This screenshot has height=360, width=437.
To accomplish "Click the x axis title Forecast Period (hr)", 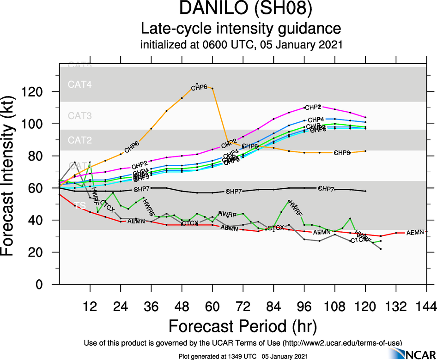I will pyautogui.click(x=243, y=326).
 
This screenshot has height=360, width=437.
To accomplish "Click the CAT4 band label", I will pyautogui.click(x=80, y=84).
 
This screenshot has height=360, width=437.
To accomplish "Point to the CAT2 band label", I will pyautogui.click(x=80, y=140).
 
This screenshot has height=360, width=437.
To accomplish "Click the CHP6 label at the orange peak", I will pyautogui.click(x=200, y=87).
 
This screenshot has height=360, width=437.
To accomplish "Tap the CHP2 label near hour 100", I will pyautogui.click(x=313, y=107).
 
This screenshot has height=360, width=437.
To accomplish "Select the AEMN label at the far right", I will pyautogui.click(x=415, y=232).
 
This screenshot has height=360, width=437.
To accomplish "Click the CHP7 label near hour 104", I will pyautogui.click(x=327, y=189).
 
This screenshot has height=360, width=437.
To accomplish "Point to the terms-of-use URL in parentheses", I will pyautogui.click(x=341, y=342).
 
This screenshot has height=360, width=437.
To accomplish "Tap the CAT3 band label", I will pyautogui.click(x=80, y=115).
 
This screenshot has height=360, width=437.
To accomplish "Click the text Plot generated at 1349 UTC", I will pyautogui.click(x=217, y=356).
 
